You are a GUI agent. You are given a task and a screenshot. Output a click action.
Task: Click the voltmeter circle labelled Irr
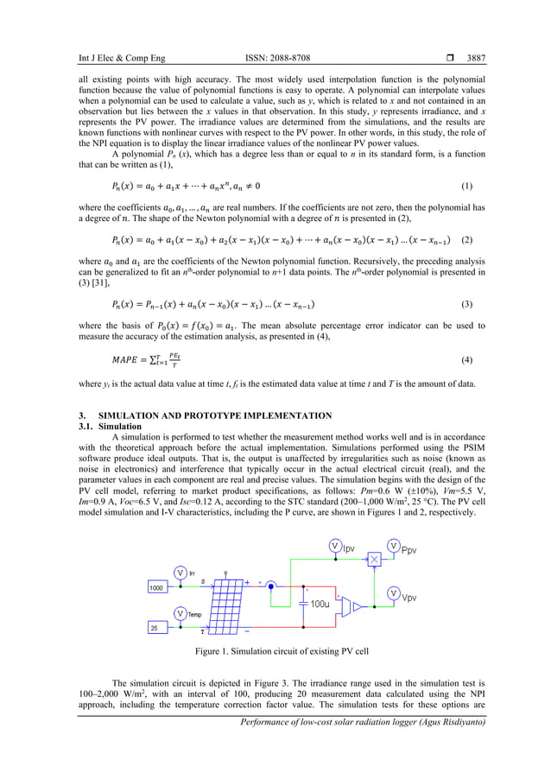[x=180, y=572]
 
